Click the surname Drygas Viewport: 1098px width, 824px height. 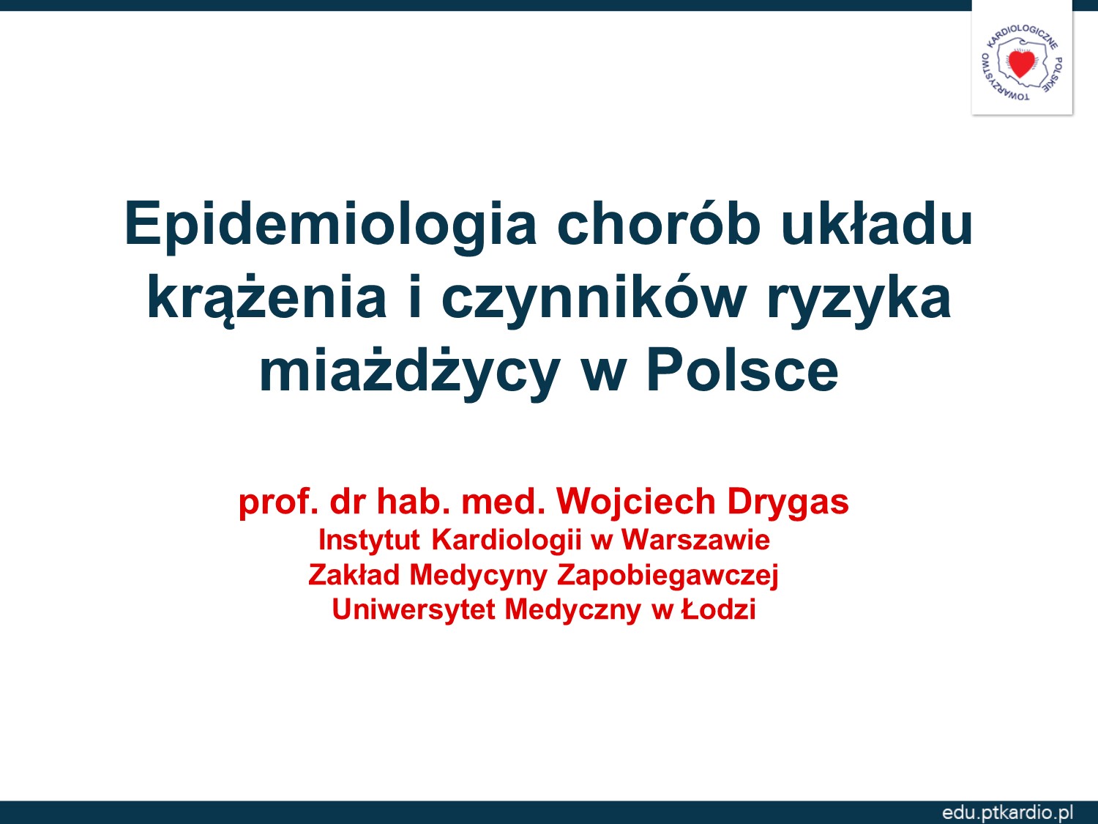pyautogui.click(x=788, y=502)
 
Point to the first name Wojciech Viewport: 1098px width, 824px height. pyautogui.click(x=636, y=501)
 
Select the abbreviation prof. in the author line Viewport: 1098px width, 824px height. pyautogui.click(x=279, y=502)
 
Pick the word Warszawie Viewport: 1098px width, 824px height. pyautogui.click(x=695, y=541)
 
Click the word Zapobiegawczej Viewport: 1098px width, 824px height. pyautogui.click(x=668, y=576)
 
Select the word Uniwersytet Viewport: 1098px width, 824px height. pyautogui.click(x=414, y=610)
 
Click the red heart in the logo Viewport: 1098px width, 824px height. pyautogui.click(x=1021, y=64)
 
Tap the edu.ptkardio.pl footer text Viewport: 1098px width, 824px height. pyautogui.click(x=1007, y=812)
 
